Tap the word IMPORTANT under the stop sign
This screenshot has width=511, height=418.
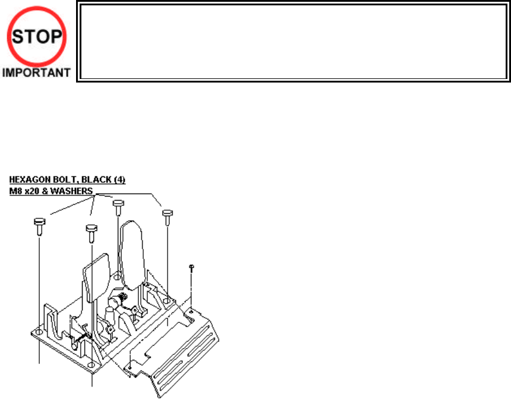tap(36, 74)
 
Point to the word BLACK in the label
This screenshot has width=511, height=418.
tap(95, 179)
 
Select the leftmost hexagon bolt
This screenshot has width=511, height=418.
tap(39, 225)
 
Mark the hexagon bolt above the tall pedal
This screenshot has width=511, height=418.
tap(118, 205)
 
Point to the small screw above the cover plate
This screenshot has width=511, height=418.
tap(192, 268)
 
